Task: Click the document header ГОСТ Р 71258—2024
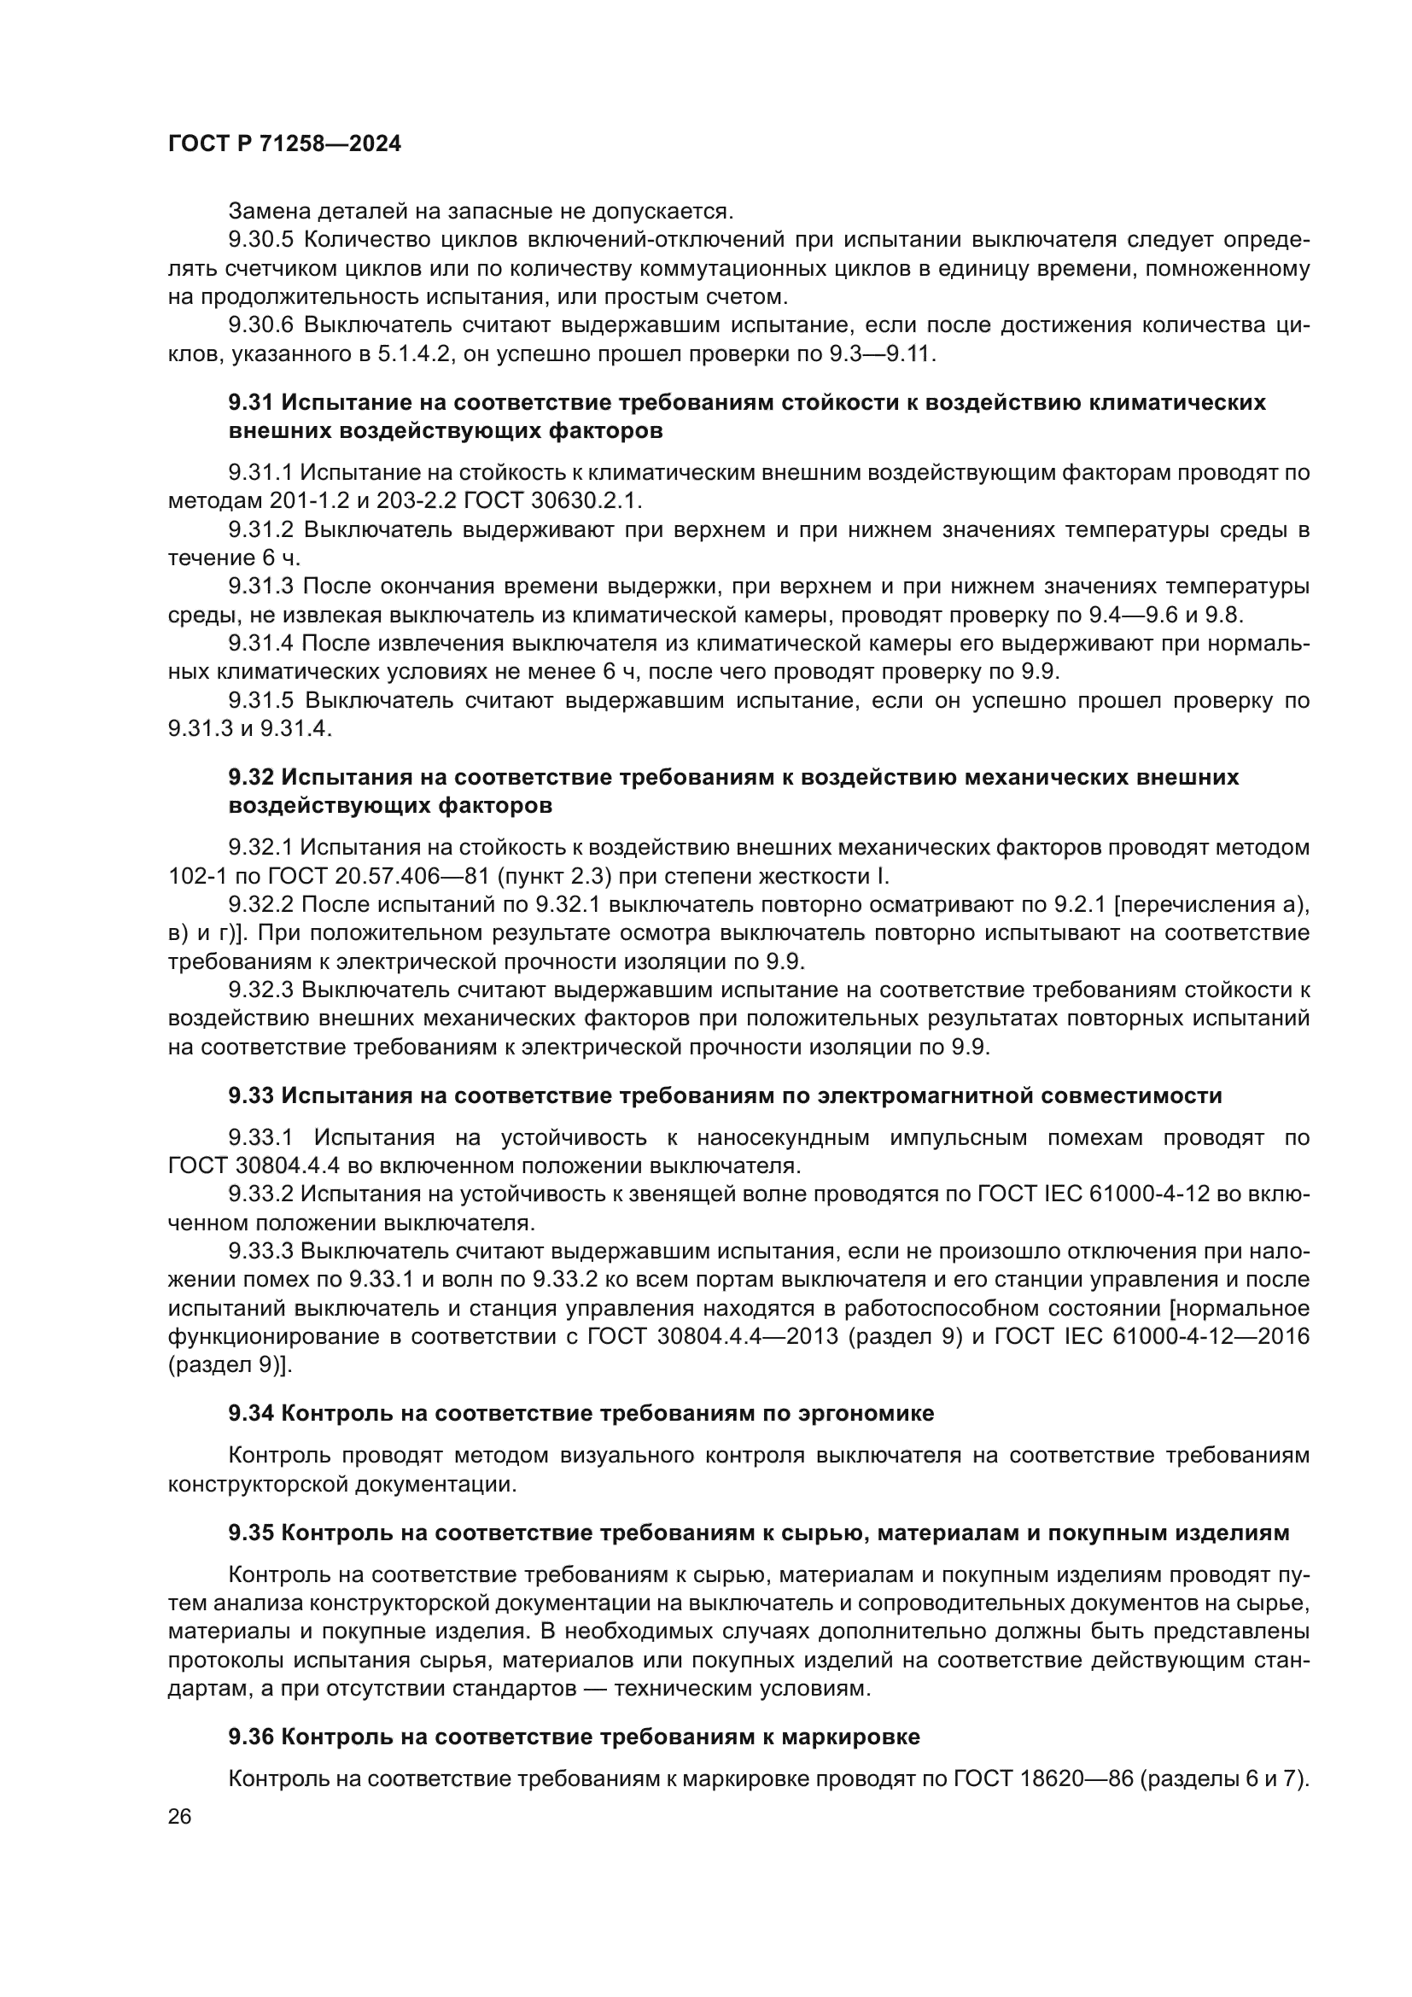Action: coord(284,144)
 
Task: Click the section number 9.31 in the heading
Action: coord(250,403)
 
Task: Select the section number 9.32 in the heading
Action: coord(250,777)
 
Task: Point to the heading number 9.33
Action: coord(250,1096)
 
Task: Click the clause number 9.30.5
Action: coord(262,240)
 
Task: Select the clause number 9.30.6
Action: coord(262,325)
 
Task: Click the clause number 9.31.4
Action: coord(262,643)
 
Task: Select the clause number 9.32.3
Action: coord(262,990)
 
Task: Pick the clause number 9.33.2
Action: coord(262,1194)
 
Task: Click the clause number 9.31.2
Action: coord(262,529)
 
